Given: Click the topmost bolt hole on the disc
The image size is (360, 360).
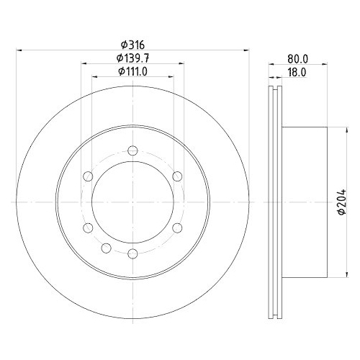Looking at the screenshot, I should tap(132, 150).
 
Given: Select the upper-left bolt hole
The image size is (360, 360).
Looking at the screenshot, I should tap(88, 176).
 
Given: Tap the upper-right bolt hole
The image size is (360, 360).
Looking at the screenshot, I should tap(176, 176).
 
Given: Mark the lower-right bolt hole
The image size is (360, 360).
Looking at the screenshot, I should tap(176, 228).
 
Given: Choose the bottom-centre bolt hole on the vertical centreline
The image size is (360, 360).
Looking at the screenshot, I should tap(132, 253).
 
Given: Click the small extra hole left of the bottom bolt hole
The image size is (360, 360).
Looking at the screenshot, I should tap(107, 249).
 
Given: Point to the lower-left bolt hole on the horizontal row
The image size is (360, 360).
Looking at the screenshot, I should tap(88, 228).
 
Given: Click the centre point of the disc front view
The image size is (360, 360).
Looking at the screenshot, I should tap(132, 202).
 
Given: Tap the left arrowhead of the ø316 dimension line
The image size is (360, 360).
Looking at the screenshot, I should tap(19, 50).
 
